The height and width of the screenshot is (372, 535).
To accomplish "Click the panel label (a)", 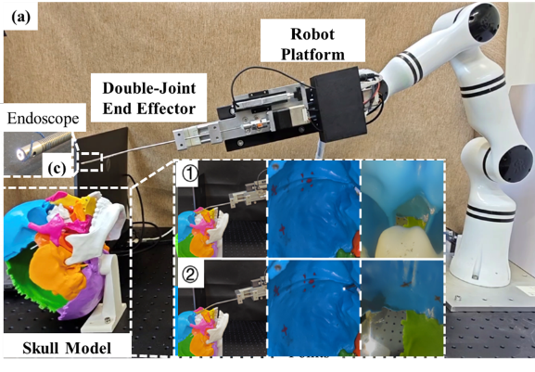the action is tap(20, 18).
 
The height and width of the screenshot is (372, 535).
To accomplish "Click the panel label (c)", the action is tap(57, 168).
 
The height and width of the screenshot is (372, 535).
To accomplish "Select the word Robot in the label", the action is tap(312, 34).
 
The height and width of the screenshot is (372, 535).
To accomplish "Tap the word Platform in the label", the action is tap(312, 54).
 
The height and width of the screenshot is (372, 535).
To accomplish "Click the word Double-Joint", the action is tap(149, 88).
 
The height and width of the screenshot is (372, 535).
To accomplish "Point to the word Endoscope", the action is tap(43, 119).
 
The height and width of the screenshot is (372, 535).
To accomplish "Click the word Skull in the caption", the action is tap(41, 348).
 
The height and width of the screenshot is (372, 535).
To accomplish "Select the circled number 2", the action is tap(190, 276).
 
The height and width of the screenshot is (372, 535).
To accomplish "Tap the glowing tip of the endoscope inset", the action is tap(20, 155).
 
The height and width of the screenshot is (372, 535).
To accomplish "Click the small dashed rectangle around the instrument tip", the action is tap(91, 161).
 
